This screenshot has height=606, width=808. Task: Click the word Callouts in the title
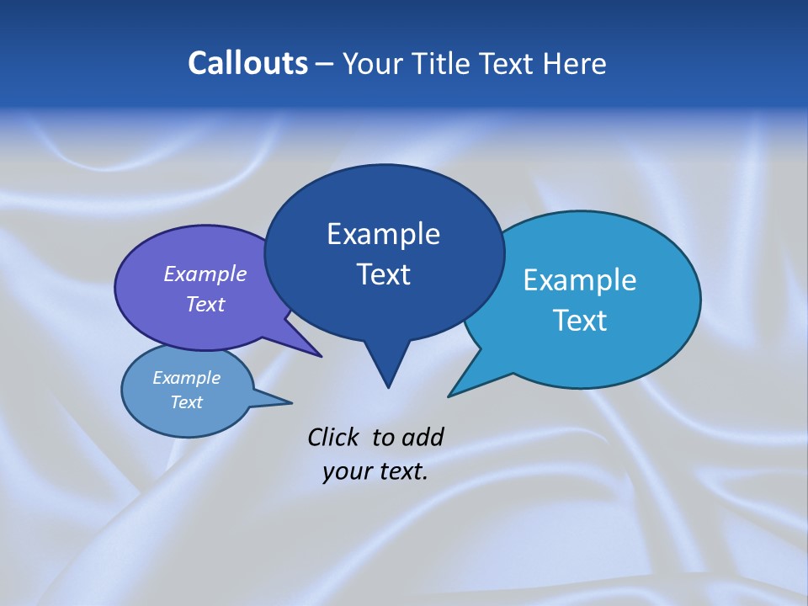247,63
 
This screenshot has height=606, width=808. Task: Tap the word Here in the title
574,63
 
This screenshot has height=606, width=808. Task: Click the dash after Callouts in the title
325,64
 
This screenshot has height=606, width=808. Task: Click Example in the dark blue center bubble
383,234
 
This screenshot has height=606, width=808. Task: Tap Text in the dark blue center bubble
383,274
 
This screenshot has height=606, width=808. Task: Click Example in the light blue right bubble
579,280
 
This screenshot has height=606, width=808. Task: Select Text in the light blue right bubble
579,321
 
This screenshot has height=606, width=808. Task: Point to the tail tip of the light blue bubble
452,394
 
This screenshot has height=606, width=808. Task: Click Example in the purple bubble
205,274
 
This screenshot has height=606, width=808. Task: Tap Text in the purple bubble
205,304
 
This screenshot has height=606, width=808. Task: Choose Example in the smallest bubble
186,378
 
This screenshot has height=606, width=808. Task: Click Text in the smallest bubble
186,402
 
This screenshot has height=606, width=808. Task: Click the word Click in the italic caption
333,437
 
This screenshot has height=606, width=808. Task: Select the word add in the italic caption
422,437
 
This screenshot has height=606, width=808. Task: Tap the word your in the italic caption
346,471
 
